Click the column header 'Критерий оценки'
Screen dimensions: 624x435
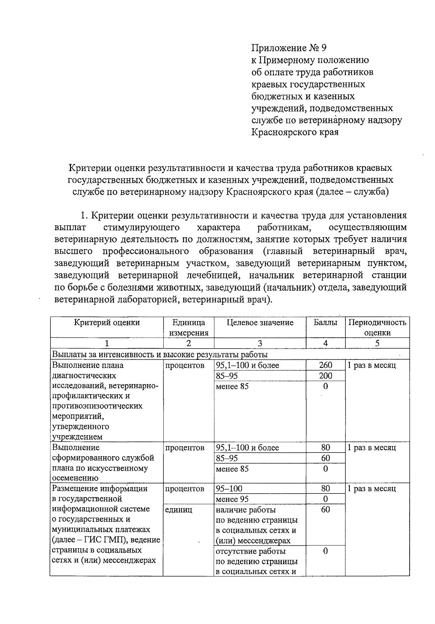coord(107,323)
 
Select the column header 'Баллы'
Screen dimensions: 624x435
coord(325,323)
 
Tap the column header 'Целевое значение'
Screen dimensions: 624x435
coord(260,323)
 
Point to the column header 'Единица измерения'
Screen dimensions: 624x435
coord(188,328)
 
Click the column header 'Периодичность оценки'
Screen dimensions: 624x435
coord(377,328)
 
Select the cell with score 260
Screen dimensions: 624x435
coord(325,365)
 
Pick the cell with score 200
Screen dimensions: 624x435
coord(325,376)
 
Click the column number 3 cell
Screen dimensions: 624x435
coord(260,344)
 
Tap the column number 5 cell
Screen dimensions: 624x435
coord(377,344)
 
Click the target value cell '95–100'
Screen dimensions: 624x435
coord(229,488)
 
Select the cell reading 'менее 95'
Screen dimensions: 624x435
coord(232,499)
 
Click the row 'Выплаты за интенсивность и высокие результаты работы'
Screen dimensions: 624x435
coord(160,354)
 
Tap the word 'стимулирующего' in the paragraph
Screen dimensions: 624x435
coord(142,228)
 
